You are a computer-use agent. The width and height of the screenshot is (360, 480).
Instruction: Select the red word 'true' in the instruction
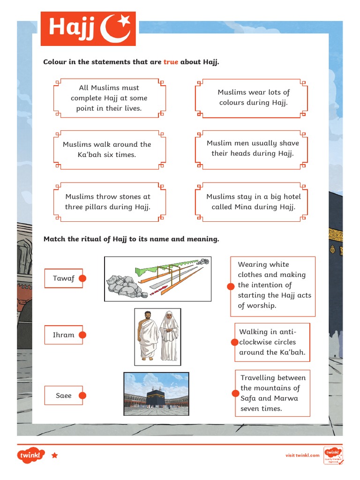[171, 62]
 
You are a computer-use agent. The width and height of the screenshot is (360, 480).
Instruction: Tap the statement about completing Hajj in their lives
[109, 98]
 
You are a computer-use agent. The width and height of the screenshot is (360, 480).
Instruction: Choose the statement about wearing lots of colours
[253, 97]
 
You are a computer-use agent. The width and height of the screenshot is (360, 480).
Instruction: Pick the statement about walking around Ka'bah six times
[107, 150]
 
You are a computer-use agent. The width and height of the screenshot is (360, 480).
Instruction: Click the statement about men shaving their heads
[253, 149]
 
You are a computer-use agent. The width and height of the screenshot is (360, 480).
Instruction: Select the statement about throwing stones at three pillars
[108, 202]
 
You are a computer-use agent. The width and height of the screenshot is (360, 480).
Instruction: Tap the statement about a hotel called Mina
[253, 202]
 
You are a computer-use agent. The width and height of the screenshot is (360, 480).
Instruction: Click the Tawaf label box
[63, 278]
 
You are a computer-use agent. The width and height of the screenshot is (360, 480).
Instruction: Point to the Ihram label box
[63, 335]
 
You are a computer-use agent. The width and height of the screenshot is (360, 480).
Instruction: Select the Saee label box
[63, 396]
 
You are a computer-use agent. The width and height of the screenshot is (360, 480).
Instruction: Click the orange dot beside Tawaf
[83, 278]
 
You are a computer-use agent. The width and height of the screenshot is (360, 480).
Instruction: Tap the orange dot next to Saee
[82, 396]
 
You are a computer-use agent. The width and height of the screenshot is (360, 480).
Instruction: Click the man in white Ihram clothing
[149, 336]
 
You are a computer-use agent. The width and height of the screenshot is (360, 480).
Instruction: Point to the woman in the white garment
[169, 336]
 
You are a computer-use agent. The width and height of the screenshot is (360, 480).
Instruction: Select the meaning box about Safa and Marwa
[272, 393]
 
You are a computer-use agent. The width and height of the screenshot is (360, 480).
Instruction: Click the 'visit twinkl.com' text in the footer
[302, 455]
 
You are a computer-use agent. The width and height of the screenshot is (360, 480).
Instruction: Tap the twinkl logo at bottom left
[31, 455]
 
